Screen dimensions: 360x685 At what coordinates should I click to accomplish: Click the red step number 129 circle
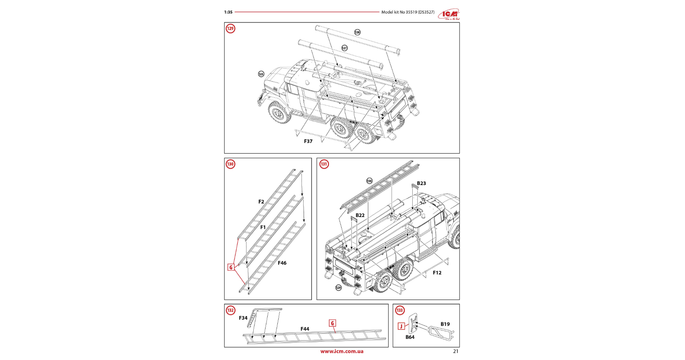[x=230, y=29]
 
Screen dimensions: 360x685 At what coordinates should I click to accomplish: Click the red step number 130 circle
[x=230, y=164]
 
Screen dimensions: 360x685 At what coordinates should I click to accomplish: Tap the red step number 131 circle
[x=324, y=164]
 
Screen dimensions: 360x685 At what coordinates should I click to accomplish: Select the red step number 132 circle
[x=230, y=311]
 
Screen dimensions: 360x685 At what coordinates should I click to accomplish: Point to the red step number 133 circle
[x=400, y=311]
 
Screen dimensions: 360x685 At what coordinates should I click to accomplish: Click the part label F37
[x=308, y=141]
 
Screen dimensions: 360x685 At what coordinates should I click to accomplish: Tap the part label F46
[x=282, y=263]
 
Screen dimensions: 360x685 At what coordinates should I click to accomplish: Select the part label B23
[x=422, y=184]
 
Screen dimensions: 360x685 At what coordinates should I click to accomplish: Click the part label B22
[x=360, y=215]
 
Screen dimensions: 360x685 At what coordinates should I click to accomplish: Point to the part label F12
[x=437, y=273]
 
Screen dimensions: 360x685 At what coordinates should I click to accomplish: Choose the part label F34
[x=243, y=318]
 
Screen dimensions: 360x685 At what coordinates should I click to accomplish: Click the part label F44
[x=305, y=329]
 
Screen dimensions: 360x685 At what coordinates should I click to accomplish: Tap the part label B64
[x=410, y=337]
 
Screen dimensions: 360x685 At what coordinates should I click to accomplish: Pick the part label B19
[x=445, y=324]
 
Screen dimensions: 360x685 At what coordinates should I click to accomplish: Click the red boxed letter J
[x=401, y=326]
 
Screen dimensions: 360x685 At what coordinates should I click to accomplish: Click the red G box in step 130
[x=231, y=267]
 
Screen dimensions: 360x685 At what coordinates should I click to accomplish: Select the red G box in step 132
[x=332, y=323]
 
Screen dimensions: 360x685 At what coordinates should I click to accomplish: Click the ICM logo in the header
[x=449, y=14]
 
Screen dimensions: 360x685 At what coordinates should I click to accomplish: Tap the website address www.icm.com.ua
[x=342, y=351]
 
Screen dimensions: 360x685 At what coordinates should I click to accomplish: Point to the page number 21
[x=455, y=351]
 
